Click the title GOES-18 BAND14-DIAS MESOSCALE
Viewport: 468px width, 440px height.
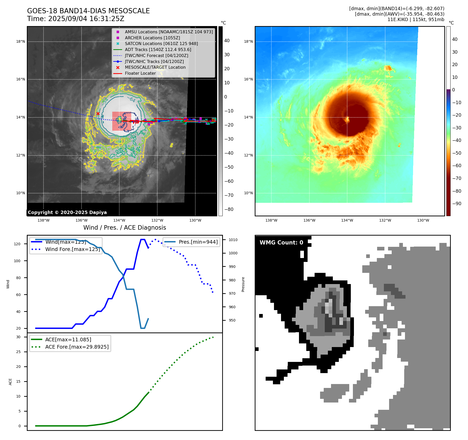coord(88,11)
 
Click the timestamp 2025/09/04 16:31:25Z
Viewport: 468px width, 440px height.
coord(86,19)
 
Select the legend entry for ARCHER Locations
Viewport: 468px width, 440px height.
coord(152,38)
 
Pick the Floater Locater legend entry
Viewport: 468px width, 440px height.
coord(140,73)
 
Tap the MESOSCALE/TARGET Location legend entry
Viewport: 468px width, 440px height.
coord(155,67)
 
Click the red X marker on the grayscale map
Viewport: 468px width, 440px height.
coord(98,114)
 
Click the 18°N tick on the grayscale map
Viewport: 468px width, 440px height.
coord(21,41)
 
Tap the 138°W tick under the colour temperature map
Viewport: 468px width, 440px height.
coord(271,220)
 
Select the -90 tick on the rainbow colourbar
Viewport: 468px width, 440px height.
coord(457,204)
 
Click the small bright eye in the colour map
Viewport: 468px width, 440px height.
coord(347,120)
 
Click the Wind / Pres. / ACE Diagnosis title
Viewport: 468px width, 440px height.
coord(124,228)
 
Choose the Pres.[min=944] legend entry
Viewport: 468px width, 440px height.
coord(198,242)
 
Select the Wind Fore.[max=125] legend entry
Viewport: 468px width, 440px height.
coord(72,249)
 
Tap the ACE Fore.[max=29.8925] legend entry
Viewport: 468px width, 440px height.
coord(77,347)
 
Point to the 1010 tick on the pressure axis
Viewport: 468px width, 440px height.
coord(233,240)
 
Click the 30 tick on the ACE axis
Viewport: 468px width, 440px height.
coord(18,337)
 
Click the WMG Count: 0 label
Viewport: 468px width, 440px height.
coord(281,242)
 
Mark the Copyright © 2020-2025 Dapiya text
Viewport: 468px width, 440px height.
coord(67,212)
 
